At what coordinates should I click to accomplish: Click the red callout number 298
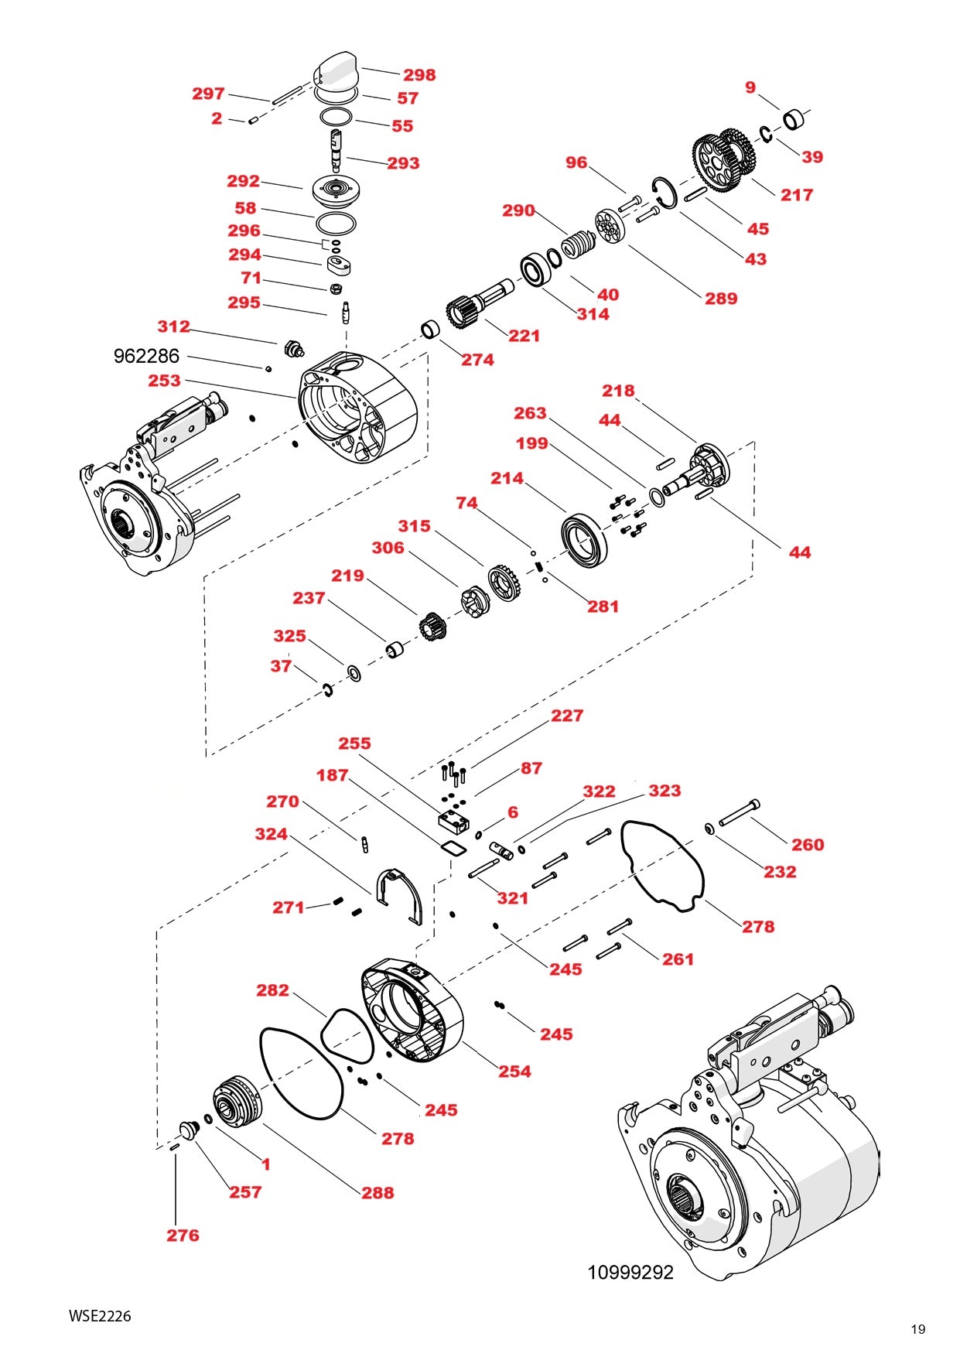(419, 75)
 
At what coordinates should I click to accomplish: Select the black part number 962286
(146, 356)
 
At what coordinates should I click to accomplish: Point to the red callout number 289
(720, 299)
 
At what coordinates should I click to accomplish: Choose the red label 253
(164, 381)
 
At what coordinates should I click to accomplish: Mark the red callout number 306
(388, 548)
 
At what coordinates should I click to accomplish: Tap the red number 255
(354, 743)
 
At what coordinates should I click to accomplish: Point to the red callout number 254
(514, 1072)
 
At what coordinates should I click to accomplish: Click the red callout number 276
(183, 1236)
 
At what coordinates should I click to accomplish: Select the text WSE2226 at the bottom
(100, 1315)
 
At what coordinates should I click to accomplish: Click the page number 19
(917, 1329)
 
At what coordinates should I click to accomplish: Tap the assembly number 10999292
(630, 1273)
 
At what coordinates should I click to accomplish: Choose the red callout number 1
(265, 1164)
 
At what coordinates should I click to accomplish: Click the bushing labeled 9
(794, 120)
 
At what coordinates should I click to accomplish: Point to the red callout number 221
(524, 336)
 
